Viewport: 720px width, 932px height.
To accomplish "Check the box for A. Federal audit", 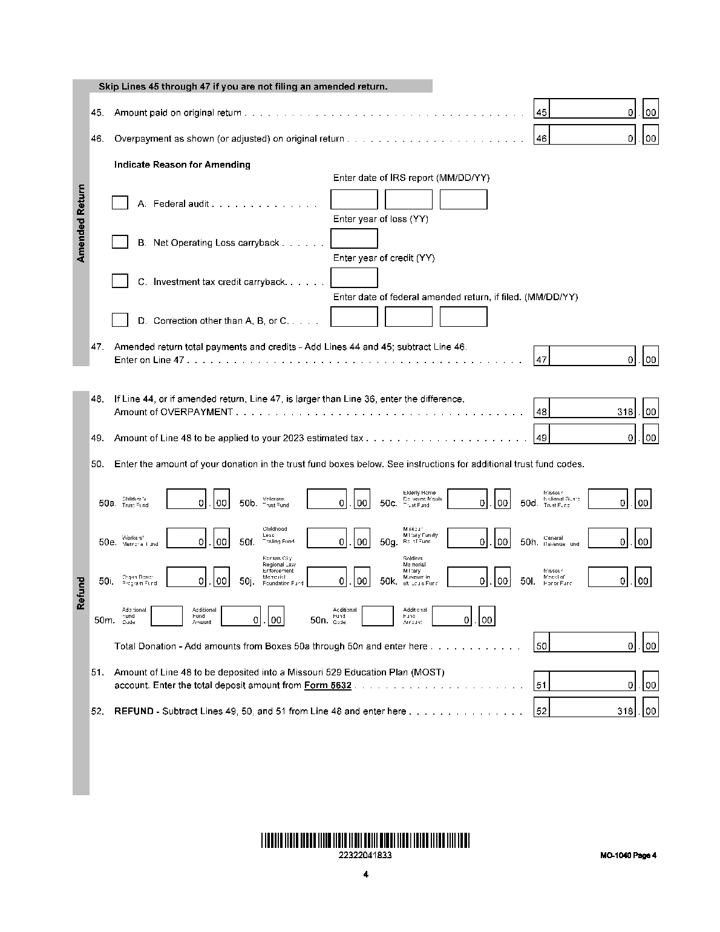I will tap(120, 203).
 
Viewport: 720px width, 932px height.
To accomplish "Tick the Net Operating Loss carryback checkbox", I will tap(120, 242).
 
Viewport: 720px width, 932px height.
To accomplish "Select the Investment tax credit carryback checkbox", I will tap(120, 281).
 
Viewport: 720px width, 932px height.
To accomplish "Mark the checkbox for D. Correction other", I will tap(120, 320).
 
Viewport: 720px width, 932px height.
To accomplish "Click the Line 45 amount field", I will tap(592, 113).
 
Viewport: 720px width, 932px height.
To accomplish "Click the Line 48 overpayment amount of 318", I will tap(592, 412).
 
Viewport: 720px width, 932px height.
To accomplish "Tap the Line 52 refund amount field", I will tap(592, 711).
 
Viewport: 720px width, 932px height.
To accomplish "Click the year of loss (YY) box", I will tap(354, 238).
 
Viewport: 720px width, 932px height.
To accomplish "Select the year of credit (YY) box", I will tap(354, 278).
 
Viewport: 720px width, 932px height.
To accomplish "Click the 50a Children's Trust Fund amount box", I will tap(186, 499).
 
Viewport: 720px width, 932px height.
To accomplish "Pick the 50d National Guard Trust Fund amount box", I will tap(607, 499).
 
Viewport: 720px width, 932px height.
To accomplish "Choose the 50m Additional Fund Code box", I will tap(166, 616).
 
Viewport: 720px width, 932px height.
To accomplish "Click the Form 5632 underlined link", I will tap(327, 685).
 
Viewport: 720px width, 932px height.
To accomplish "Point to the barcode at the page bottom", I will tap(365, 840).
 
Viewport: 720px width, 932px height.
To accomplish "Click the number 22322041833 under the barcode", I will tap(365, 855).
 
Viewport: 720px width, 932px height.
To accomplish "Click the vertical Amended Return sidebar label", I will tap(81, 223).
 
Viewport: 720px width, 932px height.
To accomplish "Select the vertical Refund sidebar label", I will tap(81, 593).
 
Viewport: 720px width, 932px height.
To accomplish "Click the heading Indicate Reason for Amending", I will tap(182, 165).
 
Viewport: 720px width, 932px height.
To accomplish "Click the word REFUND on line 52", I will tap(134, 711).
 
